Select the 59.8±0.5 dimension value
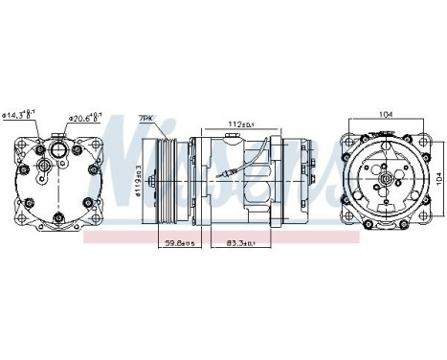177,243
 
